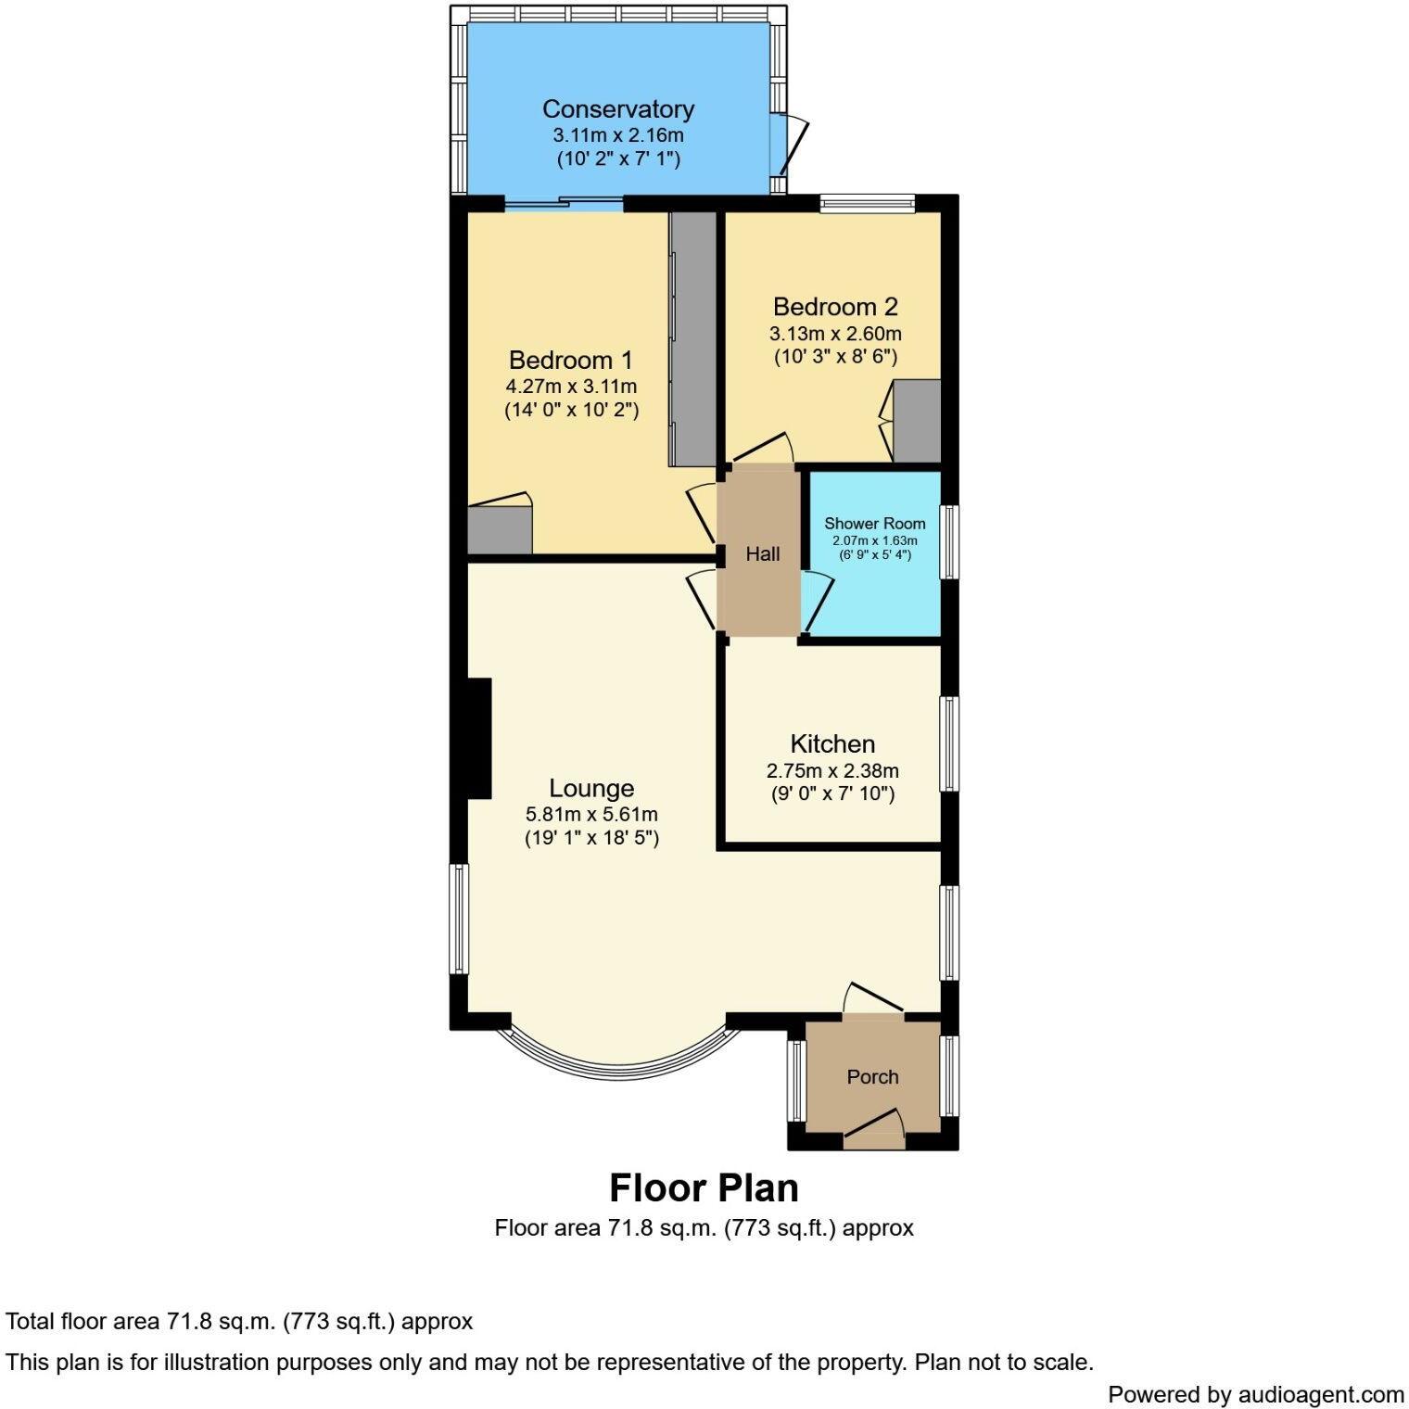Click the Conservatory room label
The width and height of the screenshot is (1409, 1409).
(x=617, y=109)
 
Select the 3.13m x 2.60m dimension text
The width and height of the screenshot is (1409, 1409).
(x=834, y=334)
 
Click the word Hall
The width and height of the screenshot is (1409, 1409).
(x=763, y=554)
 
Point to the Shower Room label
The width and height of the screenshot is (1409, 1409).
(x=874, y=524)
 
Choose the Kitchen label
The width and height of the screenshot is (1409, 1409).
(x=831, y=743)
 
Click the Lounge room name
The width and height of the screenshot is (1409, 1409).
(x=591, y=788)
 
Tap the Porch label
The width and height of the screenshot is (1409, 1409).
(x=872, y=1076)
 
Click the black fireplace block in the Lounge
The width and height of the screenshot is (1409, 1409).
(x=478, y=738)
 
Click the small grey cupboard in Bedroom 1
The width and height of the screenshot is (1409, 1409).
(x=499, y=530)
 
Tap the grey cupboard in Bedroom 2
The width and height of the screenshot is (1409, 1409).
(x=916, y=421)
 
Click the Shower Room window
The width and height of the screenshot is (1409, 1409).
(x=949, y=542)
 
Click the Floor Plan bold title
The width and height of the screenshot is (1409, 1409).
(x=704, y=1187)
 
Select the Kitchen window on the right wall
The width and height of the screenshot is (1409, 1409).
(x=949, y=743)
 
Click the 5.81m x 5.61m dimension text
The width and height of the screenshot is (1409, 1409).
(x=591, y=815)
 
